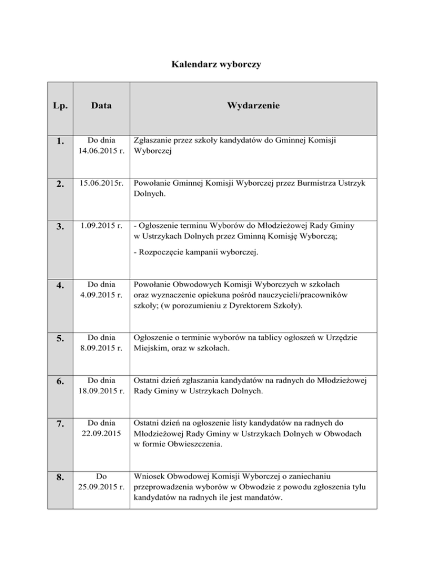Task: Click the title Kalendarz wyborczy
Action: (x=216, y=65)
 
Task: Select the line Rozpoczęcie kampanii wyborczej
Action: (x=196, y=253)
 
